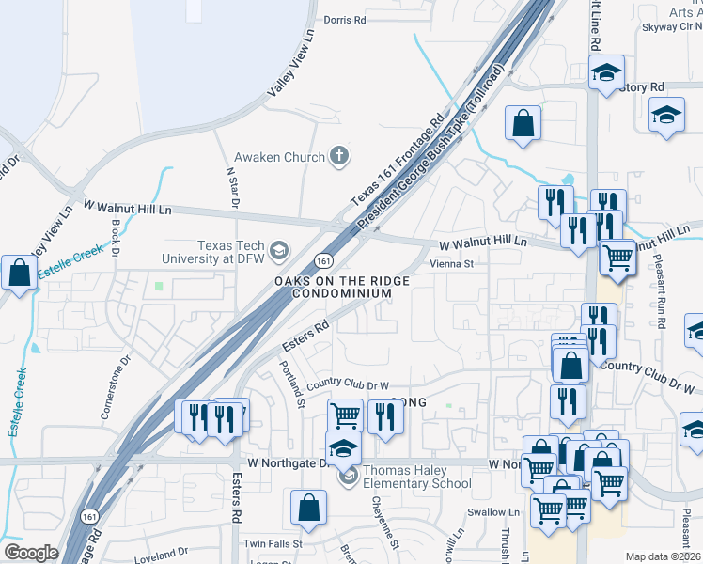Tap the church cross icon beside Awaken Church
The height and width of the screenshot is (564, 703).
(x=339, y=157)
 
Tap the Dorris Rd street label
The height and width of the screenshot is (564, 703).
(x=343, y=19)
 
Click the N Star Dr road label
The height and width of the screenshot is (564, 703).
(x=232, y=189)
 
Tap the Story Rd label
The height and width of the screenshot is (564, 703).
(x=644, y=86)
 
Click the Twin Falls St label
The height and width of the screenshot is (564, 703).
(x=273, y=543)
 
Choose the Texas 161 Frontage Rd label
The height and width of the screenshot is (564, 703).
(x=397, y=161)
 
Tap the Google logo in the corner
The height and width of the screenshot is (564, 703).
(x=31, y=553)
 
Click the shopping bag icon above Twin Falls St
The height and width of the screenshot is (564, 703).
(x=308, y=509)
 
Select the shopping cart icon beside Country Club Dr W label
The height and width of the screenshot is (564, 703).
(x=344, y=415)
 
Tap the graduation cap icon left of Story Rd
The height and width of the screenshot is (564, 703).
(x=606, y=71)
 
